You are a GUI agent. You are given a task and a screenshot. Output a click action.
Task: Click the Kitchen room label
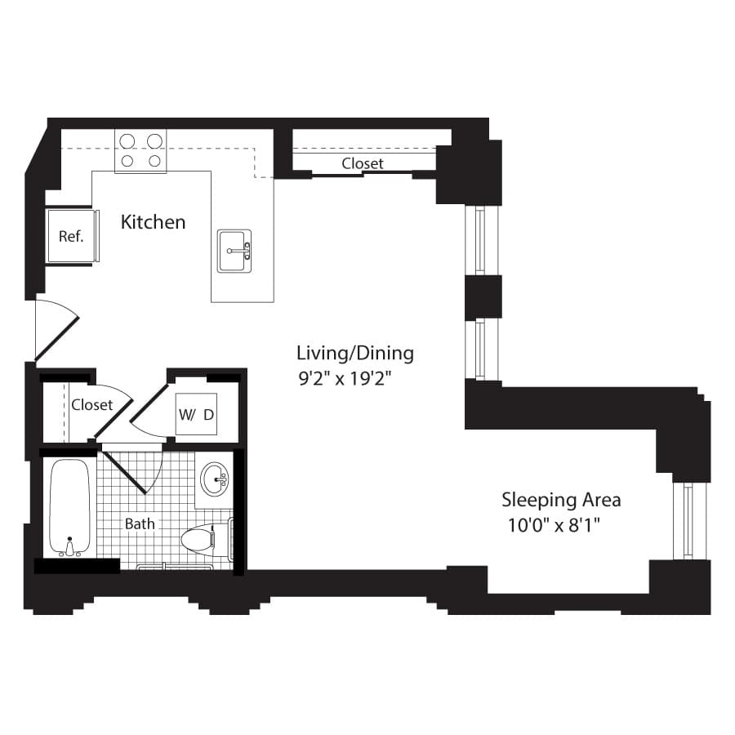(x=153, y=221)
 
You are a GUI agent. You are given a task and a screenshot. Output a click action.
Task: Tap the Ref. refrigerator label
(x=71, y=236)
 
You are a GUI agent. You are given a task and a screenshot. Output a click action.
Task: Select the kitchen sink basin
(x=234, y=251)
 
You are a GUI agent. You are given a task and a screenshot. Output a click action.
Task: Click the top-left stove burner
(x=127, y=141)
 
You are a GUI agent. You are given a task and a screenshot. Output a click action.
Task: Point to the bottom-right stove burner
(x=154, y=161)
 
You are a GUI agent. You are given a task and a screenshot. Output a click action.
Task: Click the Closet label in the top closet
(x=363, y=163)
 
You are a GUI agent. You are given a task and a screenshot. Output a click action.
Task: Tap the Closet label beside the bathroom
(x=91, y=404)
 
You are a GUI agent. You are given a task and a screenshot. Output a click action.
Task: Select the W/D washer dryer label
(x=196, y=414)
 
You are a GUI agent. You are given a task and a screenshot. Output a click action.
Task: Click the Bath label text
(x=140, y=523)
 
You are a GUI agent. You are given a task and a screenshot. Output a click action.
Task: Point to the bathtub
(x=70, y=508)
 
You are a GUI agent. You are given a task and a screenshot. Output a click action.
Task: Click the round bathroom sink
(x=215, y=479)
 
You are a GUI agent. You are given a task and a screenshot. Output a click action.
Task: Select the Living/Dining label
(x=355, y=353)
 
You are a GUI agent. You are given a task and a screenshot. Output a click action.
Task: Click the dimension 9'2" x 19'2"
(x=345, y=378)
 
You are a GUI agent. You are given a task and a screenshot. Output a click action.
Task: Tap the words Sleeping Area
(x=561, y=500)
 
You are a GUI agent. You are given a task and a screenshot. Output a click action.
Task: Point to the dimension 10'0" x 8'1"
(x=554, y=525)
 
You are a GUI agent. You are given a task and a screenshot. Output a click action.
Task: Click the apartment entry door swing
(x=57, y=331)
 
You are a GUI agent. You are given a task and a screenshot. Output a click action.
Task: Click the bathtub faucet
(x=70, y=547)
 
